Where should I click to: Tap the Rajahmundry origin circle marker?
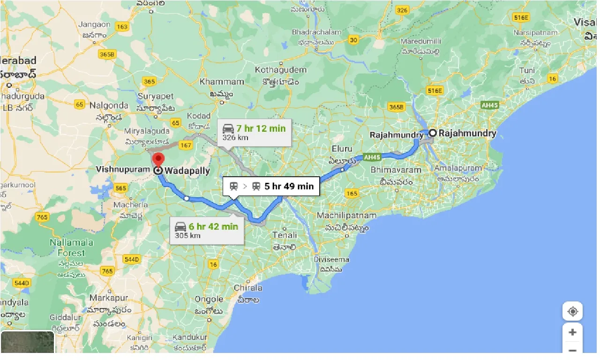[433, 133]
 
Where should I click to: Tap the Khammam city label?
[222, 82]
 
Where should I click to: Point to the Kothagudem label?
[280, 70]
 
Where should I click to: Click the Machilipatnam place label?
[346, 216]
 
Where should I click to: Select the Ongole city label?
[209, 299]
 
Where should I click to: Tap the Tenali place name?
[285, 235]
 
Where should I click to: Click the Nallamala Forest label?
[71, 247]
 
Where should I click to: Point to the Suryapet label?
[156, 96]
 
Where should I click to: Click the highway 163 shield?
[121, 27]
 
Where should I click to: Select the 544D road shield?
[132, 259]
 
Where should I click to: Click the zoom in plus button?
[572, 332]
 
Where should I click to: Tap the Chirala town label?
[248, 288]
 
